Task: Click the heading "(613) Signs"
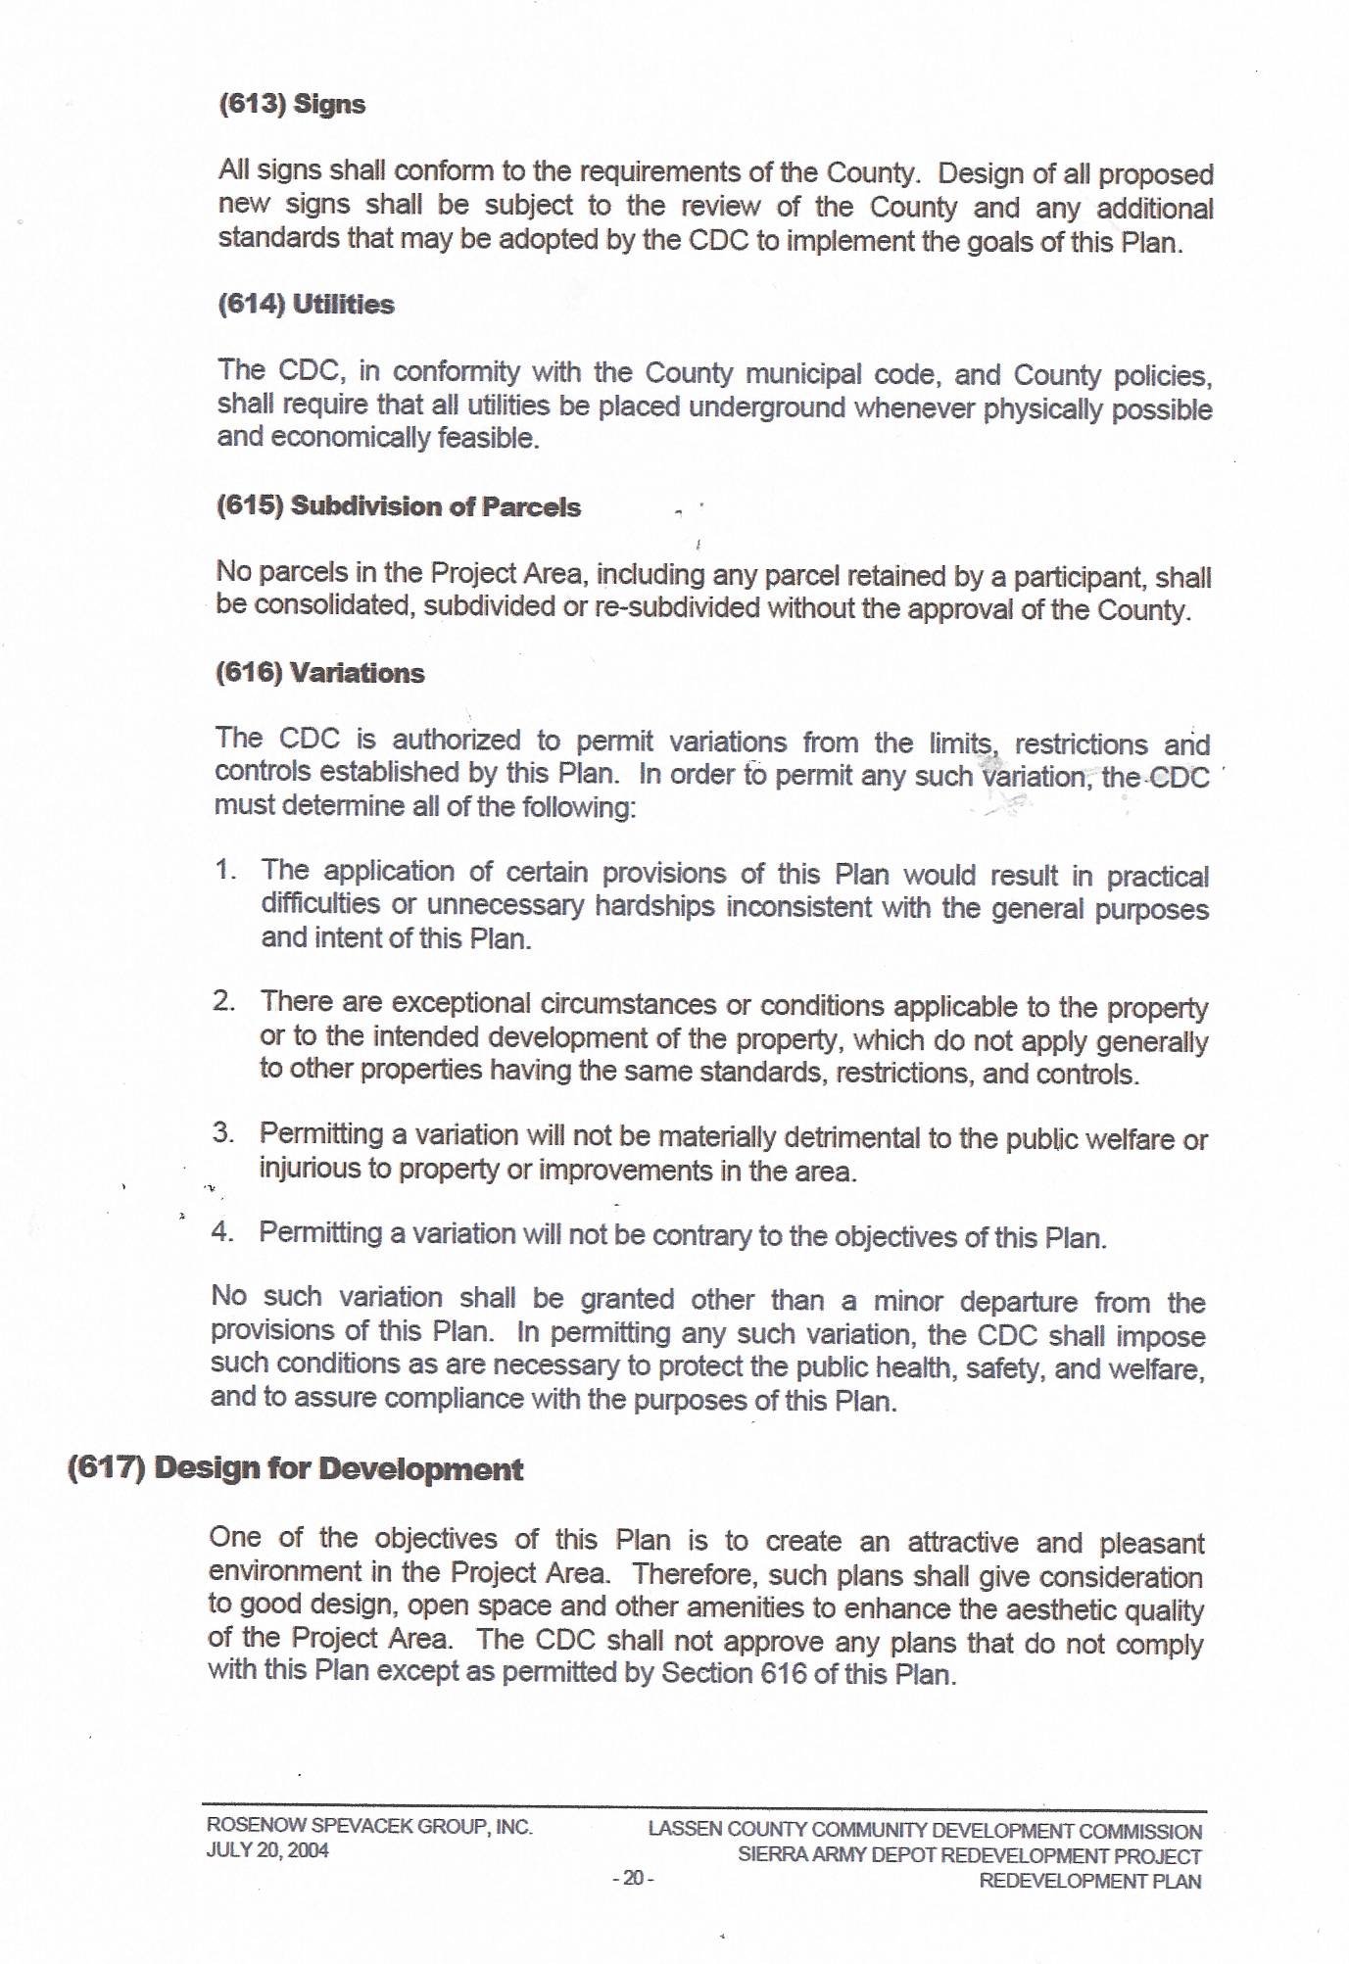click(x=292, y=104)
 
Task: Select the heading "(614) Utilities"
click(x=306, y=305)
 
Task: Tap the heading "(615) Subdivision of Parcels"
click(x=399, y=506)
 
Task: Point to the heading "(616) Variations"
click(x=320, y=673)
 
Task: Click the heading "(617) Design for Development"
click(x=295, y=1469)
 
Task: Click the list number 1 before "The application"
click(x=224, y=870)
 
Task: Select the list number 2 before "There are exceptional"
click(x=223, y=1001)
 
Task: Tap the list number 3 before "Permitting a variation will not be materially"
click(x=222, y=1133)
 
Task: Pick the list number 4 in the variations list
click(x=222, y=1231)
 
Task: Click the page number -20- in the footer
click(x=633, y=1878)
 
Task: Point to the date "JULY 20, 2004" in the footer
click(x=267, y=1850)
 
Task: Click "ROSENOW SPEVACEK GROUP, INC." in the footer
click(x=369, y=1826)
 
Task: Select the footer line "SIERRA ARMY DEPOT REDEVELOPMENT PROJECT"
click(x=969, y=1855)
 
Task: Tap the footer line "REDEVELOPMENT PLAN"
click(x=1089, y=1881)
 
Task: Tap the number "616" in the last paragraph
click(x=783, y=1673)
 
